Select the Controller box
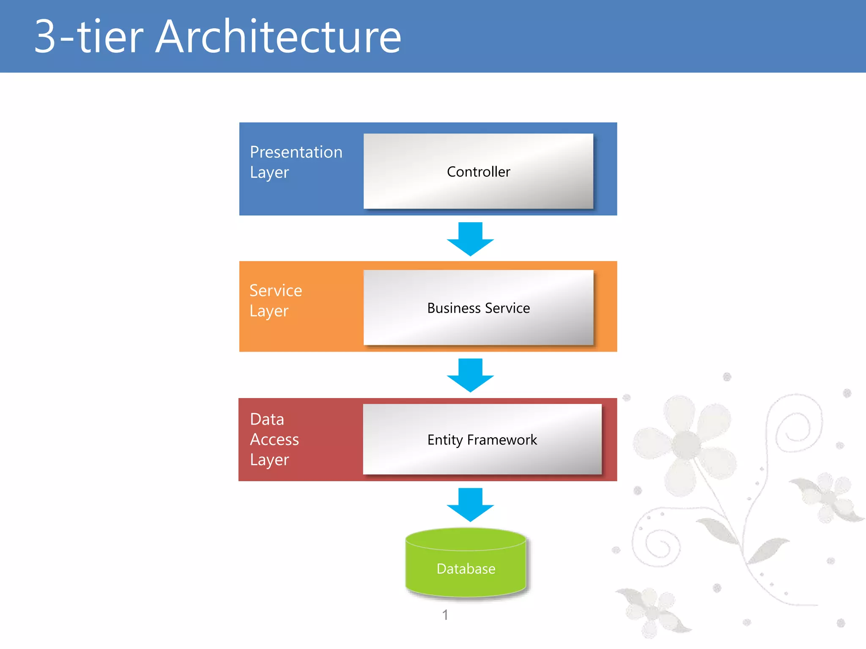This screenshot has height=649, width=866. (x=478, y=171)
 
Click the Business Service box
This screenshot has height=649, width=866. (x=478, y=308)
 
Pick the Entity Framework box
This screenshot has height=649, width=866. (x=482, y=439)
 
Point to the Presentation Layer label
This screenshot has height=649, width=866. (x=296, y=162)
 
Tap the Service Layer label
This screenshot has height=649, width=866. (x=276, y=300)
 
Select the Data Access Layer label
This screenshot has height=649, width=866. (x=274, y=439)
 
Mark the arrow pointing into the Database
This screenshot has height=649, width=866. (x=470, y=504)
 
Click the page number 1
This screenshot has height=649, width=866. (x=445, y=615)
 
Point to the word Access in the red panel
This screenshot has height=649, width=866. (x=274, y=439)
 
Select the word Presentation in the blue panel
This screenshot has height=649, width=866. (x=296, y=152)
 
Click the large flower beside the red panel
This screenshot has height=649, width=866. (x=685, y=444)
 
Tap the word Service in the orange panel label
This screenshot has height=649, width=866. (x=276, y=291)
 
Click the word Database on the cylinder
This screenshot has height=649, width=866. (x=466, y=569)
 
